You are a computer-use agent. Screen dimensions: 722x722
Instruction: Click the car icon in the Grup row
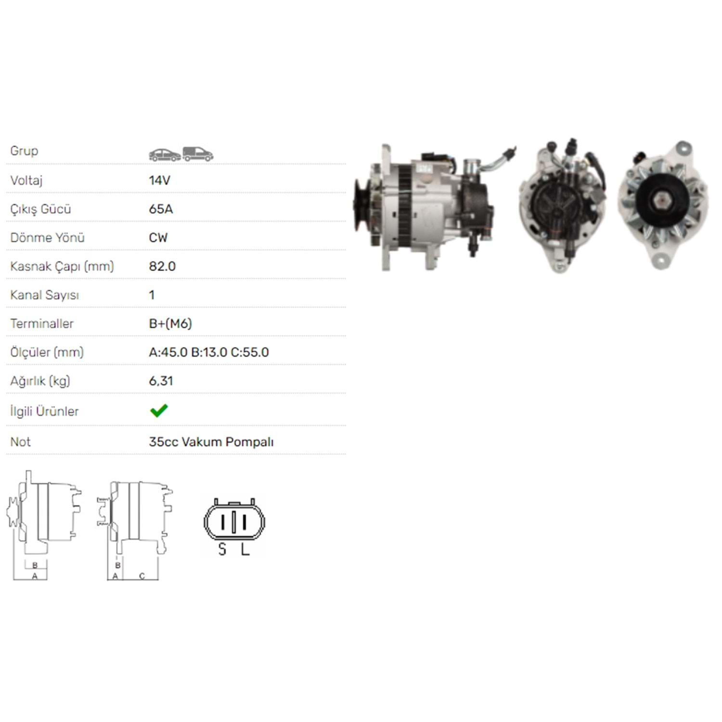click(x=165, y=155)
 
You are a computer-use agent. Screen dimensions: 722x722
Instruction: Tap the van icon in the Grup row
click(x=198, y=154)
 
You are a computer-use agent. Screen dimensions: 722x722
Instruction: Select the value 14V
click(x=159, y=180)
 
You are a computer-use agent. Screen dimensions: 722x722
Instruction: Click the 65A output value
click(x=161, y=209)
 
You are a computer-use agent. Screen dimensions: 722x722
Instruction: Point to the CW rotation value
click(x=158, y=238)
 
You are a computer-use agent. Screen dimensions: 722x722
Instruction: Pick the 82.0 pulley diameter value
click(x=162, y=266)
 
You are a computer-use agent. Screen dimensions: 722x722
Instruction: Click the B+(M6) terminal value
click(x=170, y=323)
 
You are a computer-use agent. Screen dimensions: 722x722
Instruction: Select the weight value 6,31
click(x=161, y=381)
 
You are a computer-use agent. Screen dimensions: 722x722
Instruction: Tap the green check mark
click(x=159, y=411)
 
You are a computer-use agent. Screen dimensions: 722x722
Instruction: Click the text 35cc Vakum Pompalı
click(x=211, y=442)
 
